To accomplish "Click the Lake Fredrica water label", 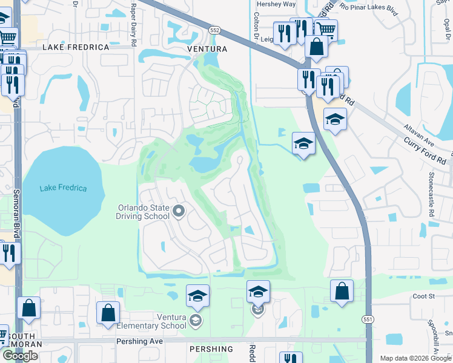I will point(63,188).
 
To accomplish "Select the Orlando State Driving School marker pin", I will point(179,211).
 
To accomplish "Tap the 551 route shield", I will point(368,319).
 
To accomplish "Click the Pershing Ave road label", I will point(140,341).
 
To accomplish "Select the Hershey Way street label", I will point(276,4).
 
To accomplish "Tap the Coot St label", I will point(424,296).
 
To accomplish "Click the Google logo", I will point(20,356).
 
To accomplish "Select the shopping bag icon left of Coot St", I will point(342,291).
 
